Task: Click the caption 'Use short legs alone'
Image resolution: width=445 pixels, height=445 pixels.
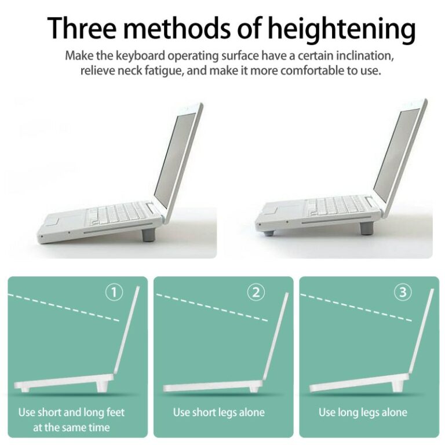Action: click(x=218, y=413)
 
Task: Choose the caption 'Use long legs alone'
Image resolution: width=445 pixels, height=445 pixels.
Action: click(x=363, y=413)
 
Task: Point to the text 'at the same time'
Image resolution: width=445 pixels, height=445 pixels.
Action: click(x=72, y=428)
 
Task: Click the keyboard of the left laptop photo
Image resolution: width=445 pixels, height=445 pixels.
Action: click(x=116, y=214)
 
